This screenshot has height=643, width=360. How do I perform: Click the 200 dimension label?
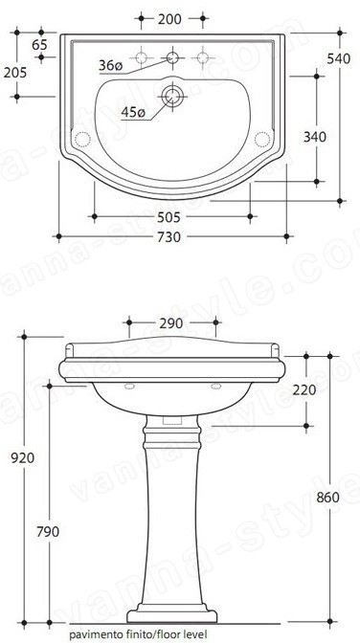pos(169,19)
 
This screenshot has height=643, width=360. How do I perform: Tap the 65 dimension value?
pos(39,45)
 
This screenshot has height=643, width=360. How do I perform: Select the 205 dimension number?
pos(15,73)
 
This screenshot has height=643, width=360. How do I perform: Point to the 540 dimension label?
pos(339,59)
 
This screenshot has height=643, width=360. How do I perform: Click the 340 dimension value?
pos(315,137)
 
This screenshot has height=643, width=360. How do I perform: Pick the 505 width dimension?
pos(169,217)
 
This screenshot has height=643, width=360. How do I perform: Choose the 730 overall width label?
pos(169,237)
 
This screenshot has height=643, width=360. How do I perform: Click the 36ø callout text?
pos(110,66)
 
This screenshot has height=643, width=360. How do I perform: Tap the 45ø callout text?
pos(133,112)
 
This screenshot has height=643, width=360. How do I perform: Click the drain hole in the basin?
pos(172,97)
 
